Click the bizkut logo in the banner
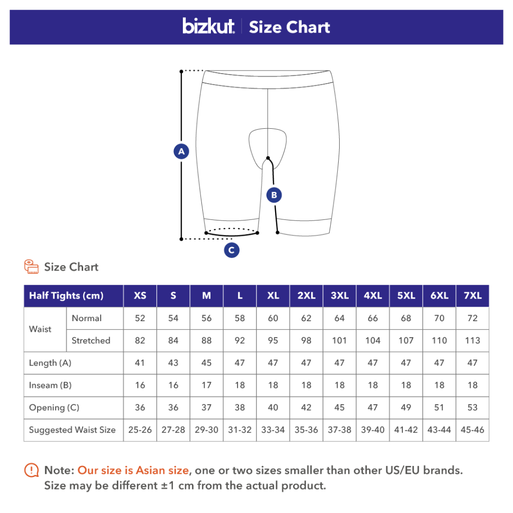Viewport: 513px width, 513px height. (208, 26)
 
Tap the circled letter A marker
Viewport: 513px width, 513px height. (181, 151)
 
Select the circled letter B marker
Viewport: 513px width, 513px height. (274, 195)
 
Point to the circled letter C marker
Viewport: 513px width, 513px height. (231, 250)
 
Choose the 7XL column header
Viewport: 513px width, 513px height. (472, 296)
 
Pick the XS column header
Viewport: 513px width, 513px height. (140, 296)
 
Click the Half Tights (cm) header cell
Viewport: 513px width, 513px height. (74, 296)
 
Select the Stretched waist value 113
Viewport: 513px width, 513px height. (472, 341)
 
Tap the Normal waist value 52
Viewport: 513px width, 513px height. (140, 318)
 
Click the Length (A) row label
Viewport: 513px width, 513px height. (50, 363)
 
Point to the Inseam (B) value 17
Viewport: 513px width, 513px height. (206, 385)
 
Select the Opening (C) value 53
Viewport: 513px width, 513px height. (472, 407)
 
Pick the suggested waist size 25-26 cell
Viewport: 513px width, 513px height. (140, 429)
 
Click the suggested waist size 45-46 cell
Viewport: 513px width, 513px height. (472, 429)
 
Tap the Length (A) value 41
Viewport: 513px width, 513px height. (140, 363)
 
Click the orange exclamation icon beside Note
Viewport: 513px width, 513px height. (32, 470)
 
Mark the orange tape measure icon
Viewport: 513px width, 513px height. (32, 267)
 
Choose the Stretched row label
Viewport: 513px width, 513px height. (91, 341)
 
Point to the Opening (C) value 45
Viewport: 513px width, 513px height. (339, 407)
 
